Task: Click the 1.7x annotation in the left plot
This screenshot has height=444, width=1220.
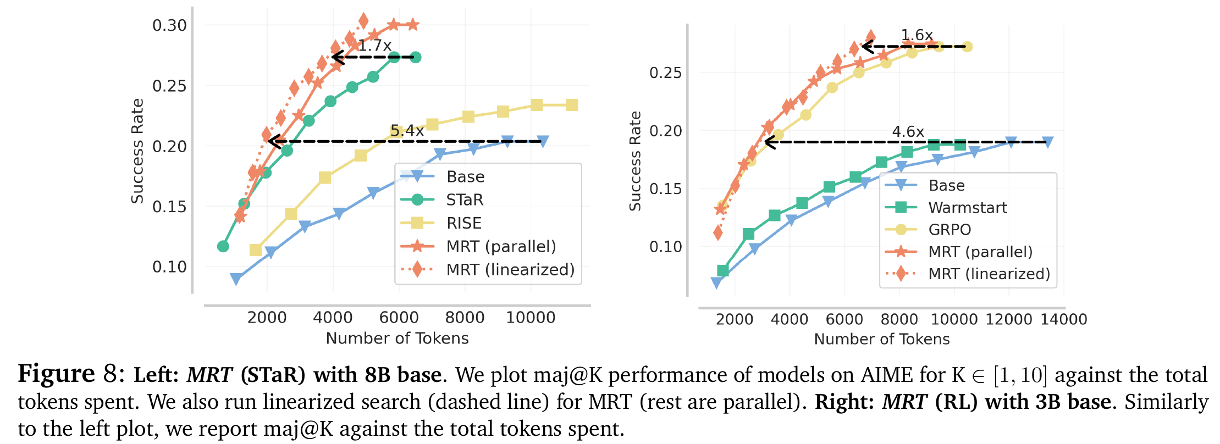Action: [x=374, y=46]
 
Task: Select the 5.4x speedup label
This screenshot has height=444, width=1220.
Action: [x=407, y=131]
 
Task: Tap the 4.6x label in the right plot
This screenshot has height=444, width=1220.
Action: [x=908, y=132]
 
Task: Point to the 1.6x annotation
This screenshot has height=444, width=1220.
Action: [x=917, y=35]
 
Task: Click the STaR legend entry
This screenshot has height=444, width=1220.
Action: [x=465, y=200]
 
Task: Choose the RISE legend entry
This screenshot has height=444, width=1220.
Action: [x=463, y=223]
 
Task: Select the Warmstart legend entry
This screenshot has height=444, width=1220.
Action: [x=967, y=208]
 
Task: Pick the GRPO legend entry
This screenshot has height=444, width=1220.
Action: [x=949, y=230]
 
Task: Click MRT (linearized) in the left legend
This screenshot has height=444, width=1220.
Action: [x=510, y=270]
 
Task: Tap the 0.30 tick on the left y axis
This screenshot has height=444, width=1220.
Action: [x=169, y=25]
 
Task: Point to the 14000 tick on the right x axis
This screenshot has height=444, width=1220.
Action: [x=1063, y=319]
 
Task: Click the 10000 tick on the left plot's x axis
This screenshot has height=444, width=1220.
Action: [x=530, y=318]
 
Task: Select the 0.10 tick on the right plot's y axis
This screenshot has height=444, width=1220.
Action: [x=665, y=247]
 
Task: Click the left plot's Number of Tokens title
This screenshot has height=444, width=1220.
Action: [x=397, y=338]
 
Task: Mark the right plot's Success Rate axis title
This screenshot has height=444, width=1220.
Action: [x=636, y=161]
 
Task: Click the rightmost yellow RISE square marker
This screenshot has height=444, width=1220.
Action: [x=572, y=105]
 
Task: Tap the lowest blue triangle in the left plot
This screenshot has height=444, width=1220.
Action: [x=236, y=279]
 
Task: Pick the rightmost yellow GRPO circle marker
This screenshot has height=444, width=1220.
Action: [x=968, y=47]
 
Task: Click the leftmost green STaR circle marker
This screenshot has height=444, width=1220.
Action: [x=223, y=246]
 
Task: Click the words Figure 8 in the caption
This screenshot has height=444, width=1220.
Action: [x=68, y=374]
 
